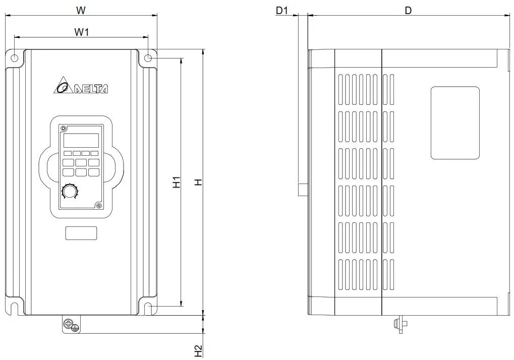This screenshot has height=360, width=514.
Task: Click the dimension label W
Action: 81,10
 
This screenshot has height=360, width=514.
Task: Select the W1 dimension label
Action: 82,32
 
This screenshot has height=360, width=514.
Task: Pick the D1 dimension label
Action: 282,10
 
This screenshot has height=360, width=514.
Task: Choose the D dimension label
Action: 408,10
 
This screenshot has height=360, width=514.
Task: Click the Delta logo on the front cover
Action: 80,88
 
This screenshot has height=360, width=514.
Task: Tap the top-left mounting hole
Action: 15,58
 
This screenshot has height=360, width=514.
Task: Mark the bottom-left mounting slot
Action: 15,307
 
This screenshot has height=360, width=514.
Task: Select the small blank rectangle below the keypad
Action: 81,233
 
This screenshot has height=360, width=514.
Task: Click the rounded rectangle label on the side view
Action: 454,123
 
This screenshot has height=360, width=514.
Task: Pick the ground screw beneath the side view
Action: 402,324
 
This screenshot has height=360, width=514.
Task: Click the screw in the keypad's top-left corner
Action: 64,128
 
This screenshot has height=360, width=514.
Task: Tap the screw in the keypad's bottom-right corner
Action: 98,205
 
